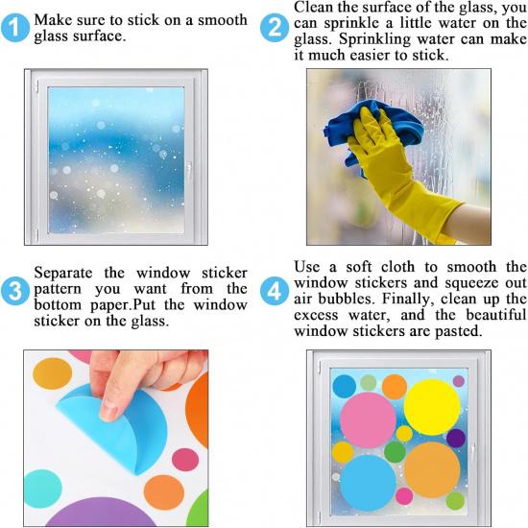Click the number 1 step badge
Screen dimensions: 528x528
tap(15, 30)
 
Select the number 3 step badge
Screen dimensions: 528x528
tap(15, 290)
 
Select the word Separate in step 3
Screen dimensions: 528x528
tap(66, 274)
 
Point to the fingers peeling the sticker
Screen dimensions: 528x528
tap(144, 374)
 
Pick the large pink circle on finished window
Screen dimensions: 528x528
tap(368, 419)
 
